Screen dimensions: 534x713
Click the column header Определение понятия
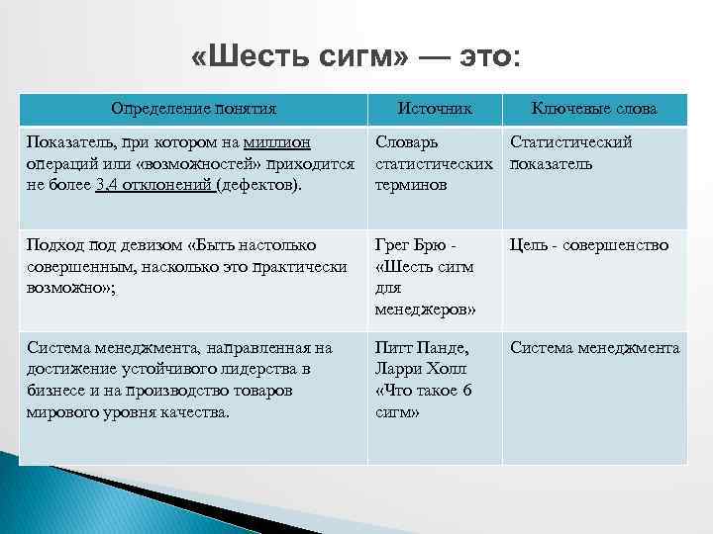click(193, 108)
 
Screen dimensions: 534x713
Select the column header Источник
click(435, 108)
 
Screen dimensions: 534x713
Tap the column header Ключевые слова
click(594, 108)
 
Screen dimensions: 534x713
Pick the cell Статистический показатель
click(571, 152)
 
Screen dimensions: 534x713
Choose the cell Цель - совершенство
click(589, 245)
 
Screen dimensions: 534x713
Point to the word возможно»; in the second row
click(62, 287)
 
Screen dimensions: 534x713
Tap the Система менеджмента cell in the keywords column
click(594, 348)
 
